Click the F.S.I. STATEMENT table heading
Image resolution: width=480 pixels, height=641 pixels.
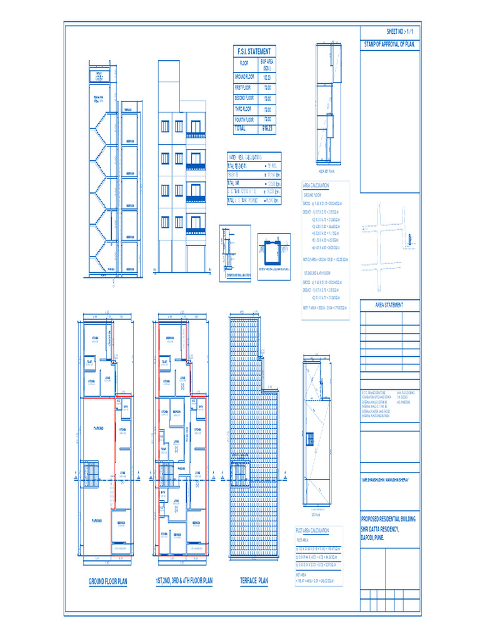pos(254,51)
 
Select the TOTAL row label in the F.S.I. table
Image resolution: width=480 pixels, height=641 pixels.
pos(241,128)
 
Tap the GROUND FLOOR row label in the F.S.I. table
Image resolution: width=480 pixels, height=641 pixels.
pos(244,77)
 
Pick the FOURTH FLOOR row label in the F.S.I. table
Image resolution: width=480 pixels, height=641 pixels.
pos(244,119)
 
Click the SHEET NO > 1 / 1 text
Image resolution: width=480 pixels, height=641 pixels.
pos(400,31)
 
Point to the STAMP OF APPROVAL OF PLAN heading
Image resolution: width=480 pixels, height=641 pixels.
pos(389,44)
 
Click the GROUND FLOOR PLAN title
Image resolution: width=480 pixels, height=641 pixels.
pos(107,582)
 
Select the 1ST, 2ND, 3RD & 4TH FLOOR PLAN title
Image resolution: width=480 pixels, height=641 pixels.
pos(184,581)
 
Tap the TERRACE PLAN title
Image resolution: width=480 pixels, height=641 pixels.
pos(254,581)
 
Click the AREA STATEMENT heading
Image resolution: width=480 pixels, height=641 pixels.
pos(389,305)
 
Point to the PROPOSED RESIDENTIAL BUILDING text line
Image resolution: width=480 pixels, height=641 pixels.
pos(388,519)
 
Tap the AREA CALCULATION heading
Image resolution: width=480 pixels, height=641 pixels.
pos(316,186)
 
